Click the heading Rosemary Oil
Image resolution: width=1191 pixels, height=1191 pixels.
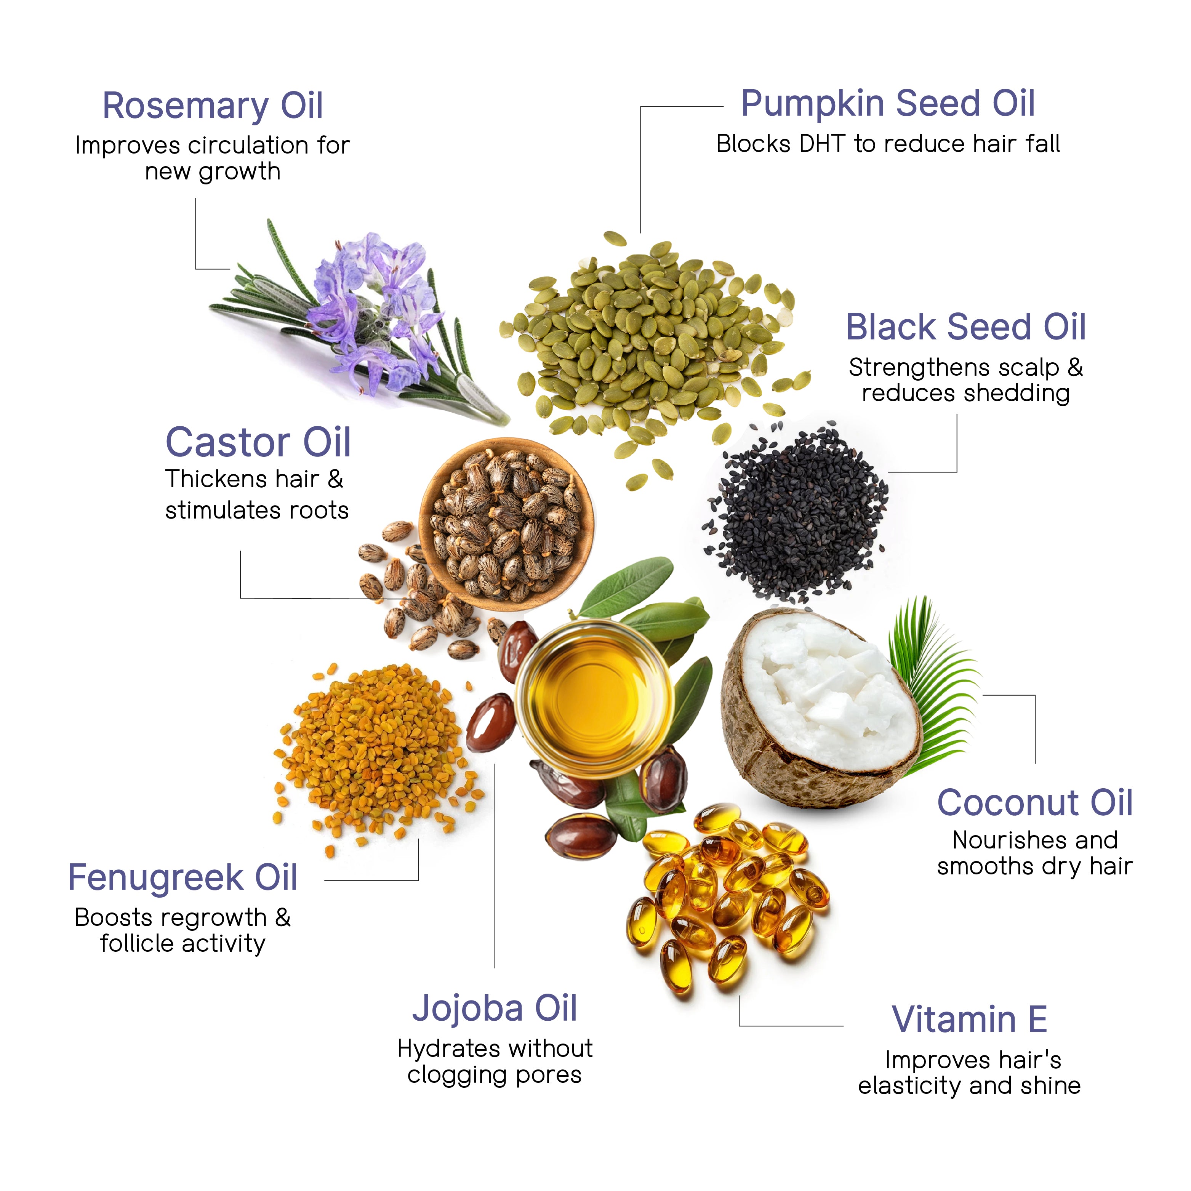coord(213,106)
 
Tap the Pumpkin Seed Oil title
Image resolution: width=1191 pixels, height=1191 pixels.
coord(888,104)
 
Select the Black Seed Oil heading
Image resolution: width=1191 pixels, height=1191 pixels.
coord(965,327)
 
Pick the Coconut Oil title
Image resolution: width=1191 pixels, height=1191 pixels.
coord(1035,803)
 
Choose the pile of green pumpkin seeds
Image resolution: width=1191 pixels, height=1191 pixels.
coord(647,345)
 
